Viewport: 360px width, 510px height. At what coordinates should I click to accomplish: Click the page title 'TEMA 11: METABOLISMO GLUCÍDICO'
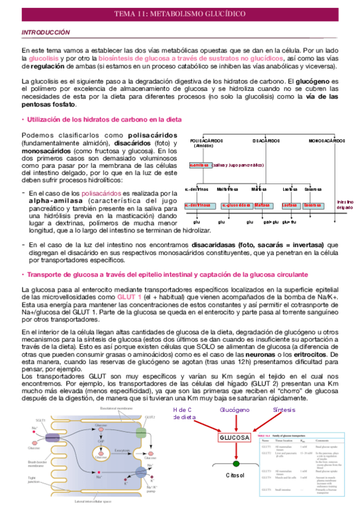click(x=180, y=14)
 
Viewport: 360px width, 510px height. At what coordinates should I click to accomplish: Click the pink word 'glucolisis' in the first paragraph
click(x=45, y=59)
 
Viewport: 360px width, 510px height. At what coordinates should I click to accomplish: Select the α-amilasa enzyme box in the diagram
click(x=198, y=164)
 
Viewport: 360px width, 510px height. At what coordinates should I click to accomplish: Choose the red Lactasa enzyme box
click(x=290, y=204)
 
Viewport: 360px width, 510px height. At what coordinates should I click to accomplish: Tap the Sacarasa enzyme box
click(x=313, y=204)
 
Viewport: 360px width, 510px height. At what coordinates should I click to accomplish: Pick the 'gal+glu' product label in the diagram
click(x=271, y=221)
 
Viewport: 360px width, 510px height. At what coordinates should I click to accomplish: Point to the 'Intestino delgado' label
click(x=345, y=204)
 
